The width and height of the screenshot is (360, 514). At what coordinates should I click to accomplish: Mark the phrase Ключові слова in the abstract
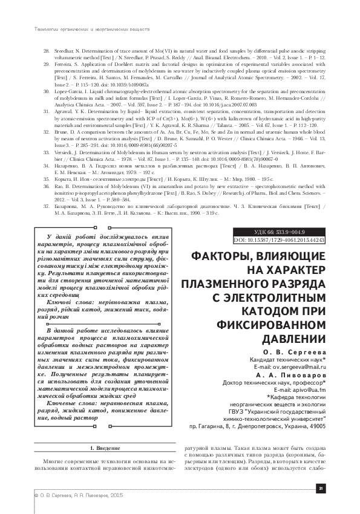point(71,301)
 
